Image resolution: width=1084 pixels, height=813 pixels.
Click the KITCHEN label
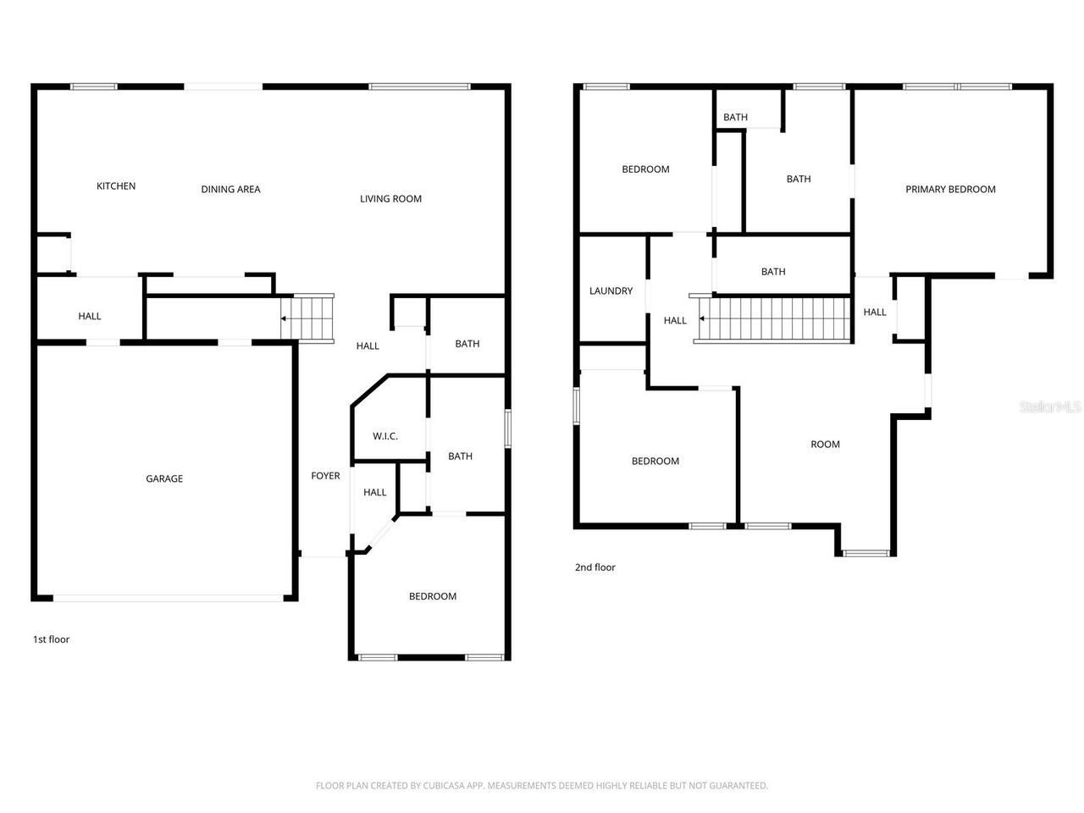pos(116,186)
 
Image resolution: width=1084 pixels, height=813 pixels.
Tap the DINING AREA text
pos(230,190)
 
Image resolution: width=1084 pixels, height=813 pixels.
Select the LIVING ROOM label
pos(390,199)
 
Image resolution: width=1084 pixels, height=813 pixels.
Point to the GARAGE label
pos(164,479)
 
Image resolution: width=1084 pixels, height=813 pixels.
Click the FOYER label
pos(325,476)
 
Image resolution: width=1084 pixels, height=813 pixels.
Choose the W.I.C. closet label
pos(385,437)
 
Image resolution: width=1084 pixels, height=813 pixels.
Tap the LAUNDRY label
pos(611,291)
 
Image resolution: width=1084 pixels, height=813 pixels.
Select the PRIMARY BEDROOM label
pos(950,190)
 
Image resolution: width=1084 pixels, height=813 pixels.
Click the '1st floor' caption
pos(51,639)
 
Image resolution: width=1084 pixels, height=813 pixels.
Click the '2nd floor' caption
pos(595,567)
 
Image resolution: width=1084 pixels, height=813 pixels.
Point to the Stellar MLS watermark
pos(1050,407)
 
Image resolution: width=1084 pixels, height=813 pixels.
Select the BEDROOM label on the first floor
pos(433,597)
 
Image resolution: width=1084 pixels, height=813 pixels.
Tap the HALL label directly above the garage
pos(90,317)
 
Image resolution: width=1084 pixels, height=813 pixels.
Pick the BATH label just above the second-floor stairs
pos(773,272)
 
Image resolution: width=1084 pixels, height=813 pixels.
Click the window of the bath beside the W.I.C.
pos(508,428)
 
